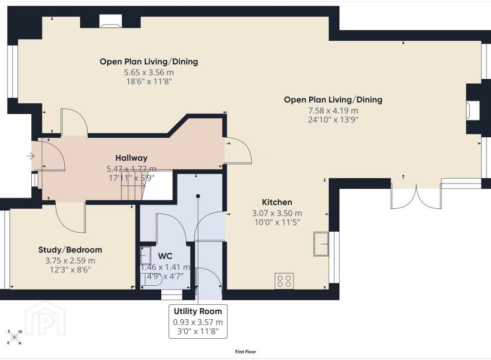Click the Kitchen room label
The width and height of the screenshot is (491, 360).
click(277, 202)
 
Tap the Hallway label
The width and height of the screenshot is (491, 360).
click(131, 158)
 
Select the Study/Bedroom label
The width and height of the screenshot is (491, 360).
click(70, 249)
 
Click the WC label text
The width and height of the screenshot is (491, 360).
click(165, 256)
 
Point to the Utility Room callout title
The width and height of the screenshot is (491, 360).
click(198, 311)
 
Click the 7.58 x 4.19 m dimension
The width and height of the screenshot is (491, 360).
click(333, 111)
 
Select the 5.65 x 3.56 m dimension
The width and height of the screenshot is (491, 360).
click(149, 73)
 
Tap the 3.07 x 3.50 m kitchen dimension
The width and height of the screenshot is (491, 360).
click(277, 213)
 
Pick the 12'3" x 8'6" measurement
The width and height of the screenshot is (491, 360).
click(70, 270)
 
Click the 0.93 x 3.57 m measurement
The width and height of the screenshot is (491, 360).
click(198, 322)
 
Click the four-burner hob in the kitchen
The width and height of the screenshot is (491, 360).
click(284, 281)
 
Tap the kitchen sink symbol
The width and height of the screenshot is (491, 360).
click(321, 244)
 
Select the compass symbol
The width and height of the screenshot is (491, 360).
click(15, 337)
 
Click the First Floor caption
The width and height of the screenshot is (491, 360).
click(245, 352)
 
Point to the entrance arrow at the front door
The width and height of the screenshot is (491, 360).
click(31, 155)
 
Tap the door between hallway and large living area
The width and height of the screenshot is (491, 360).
click(239, 150)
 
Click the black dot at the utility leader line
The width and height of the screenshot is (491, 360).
click(198, 196)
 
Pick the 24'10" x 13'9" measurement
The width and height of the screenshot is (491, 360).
click(333, 119)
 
